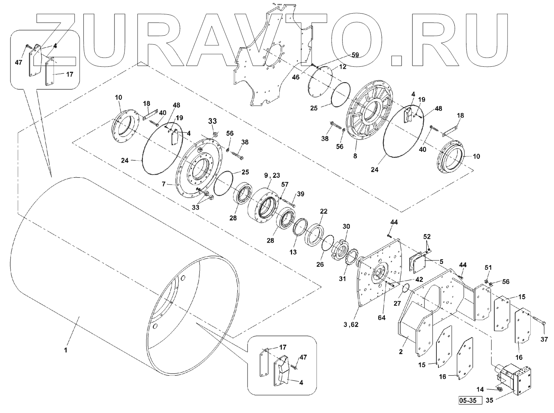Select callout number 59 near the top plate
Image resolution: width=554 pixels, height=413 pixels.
point(355,55)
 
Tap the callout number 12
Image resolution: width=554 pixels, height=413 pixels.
point(343,67)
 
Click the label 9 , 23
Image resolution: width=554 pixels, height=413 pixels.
point(272,175)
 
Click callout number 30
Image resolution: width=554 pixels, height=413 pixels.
point(346,226)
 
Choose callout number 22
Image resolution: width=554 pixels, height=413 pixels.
point(324,212)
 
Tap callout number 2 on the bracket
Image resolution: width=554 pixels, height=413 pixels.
point(401,352)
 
